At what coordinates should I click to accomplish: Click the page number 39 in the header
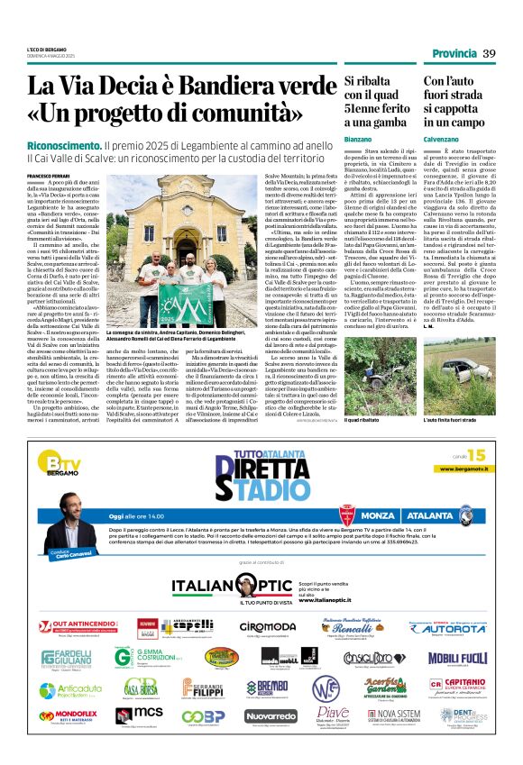[x=490, y=54]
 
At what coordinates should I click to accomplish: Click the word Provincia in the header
[x=454, y=54]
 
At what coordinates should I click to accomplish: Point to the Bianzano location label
[x=332, y=139]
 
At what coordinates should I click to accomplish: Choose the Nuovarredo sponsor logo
[x=270, y=715]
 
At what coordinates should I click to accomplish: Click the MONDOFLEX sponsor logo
[x=68, y=715]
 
